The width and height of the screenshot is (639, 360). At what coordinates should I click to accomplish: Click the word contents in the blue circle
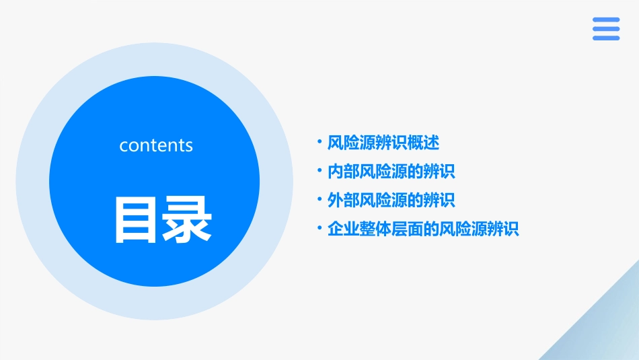tap(156, 145)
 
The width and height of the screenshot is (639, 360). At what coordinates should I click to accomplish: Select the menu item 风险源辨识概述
tap(383, 143)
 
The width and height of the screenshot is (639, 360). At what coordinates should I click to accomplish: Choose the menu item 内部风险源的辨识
tap(391, 172)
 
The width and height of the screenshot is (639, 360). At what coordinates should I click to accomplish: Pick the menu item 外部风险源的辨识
tap(391, 201)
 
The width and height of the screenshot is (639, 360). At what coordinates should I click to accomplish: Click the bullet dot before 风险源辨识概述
tap(319, 142)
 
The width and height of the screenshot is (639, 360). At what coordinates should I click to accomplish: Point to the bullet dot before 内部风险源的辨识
tap(319, 171)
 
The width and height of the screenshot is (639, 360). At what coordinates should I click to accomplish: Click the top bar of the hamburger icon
tap(606, 20)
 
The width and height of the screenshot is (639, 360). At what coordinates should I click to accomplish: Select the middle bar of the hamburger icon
tap(606, 29)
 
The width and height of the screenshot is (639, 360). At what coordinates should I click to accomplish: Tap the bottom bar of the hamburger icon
tap(606, 38)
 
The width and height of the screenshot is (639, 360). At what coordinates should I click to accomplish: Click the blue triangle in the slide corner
tap(605, 330)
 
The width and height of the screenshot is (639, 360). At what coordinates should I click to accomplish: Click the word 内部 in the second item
tap(343, 172)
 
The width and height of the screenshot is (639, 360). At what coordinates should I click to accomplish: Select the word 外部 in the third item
tap(343, 201)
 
